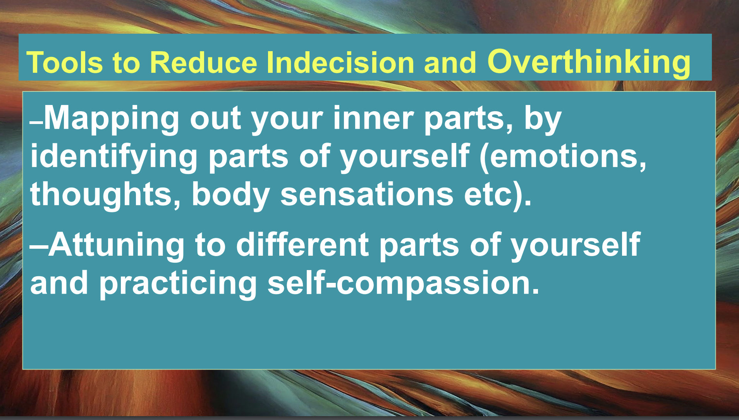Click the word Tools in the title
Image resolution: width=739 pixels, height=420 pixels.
65,62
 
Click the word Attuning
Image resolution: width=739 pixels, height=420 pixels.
116,245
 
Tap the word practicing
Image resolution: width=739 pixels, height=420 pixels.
178,283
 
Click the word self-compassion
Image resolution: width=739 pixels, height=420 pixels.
399,283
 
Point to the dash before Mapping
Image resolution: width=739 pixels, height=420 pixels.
37,123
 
